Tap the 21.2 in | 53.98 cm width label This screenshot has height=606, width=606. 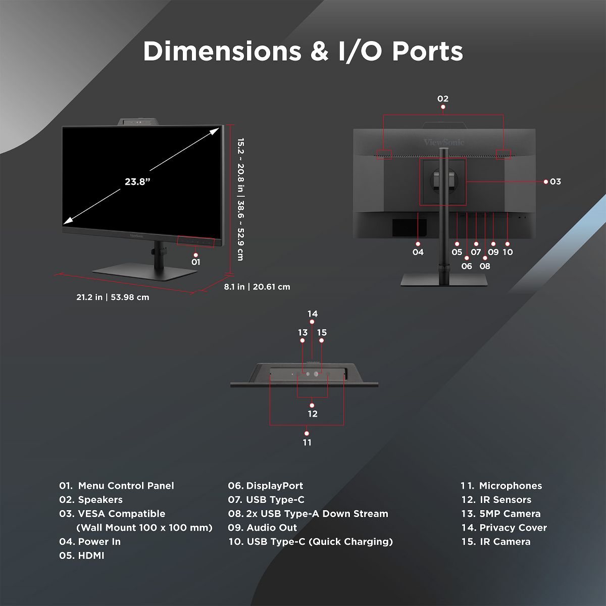(x=113, y=297)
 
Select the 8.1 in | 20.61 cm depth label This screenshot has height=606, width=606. (x=257, y=287)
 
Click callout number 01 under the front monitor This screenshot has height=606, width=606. (x=196, y=262)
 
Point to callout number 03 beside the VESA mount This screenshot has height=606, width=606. (x=555, y=182)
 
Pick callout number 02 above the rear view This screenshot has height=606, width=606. (x=443, y=99)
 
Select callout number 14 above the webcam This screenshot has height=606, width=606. (x=313, y=314)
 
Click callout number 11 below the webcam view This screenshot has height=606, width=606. (x=307, y=443)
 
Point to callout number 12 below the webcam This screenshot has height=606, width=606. (x=313, y=414)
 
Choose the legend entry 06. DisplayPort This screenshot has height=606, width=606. (x=266, y=486)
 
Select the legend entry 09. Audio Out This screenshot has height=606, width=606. (x=263, y=528)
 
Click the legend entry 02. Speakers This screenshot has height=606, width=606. (x=91, y=500)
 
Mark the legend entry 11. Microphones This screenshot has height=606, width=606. (x=501, y=486)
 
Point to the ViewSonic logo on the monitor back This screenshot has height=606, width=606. (x=443, y=142)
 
